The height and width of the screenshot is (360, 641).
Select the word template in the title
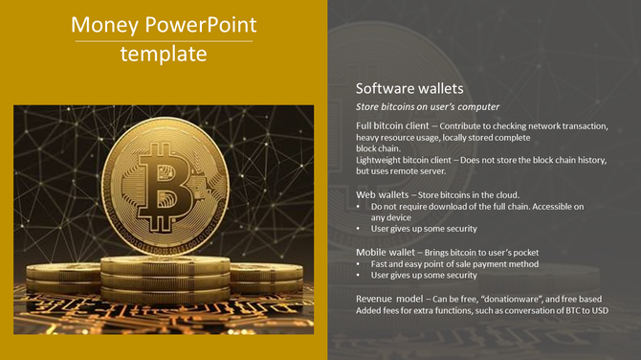[x=164, y=55]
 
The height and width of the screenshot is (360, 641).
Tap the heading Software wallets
[x=409, y=88]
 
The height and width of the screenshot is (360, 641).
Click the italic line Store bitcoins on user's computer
[x=428, y=106]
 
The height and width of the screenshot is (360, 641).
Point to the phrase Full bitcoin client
[x=391, y=126]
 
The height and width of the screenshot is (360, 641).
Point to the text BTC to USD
[x=582, y=310]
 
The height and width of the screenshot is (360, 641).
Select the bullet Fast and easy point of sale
[x=454, y=263]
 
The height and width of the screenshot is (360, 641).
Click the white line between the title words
[x=164, y=41]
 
